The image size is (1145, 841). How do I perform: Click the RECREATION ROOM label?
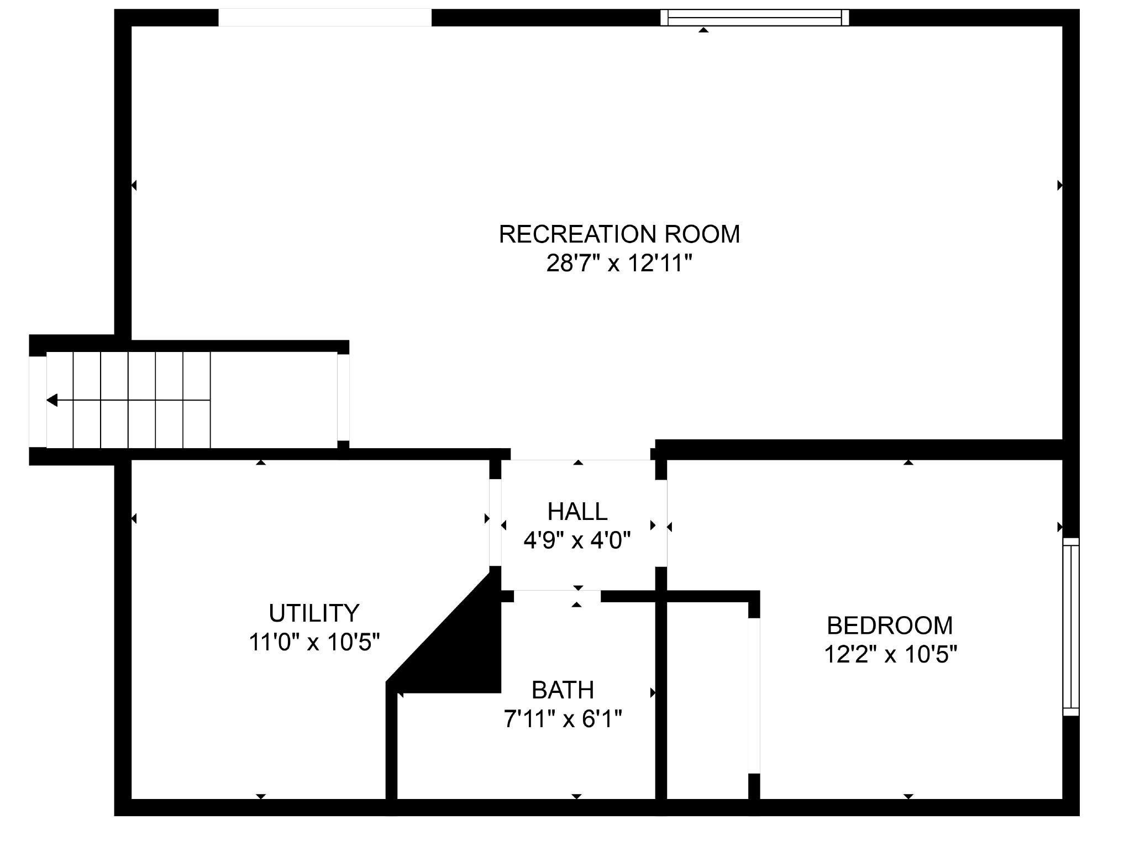pos(619,234)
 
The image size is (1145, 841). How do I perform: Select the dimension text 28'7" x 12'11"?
pos(619,264)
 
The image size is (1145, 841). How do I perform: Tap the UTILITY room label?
pos(314,613)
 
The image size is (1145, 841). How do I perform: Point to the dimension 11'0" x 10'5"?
pos(314,643)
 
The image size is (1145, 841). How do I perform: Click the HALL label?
pos(577,512)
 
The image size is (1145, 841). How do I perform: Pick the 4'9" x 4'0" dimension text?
pos(577,540)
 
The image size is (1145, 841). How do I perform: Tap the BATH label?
pos(563,690)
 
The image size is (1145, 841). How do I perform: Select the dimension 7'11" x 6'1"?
pos(563,719)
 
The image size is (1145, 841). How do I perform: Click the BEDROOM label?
pos(890,626)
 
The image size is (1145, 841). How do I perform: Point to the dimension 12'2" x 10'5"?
pos(890,655)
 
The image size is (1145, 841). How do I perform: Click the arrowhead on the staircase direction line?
pos(52,400)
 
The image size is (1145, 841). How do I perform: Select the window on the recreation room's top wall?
pos(755,18)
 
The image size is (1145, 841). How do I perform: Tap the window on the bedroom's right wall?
pos(1071,627)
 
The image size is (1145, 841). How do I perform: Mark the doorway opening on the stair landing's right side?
pos(343,397)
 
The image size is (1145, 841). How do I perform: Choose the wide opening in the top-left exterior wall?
pos(325,18)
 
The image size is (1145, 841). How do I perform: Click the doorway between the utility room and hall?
pos(496,523)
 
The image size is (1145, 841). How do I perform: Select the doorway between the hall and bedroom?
pos(661,523)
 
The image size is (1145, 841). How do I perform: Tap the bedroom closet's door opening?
pos(754,696)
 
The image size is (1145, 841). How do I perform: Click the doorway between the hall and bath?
pos(557,596)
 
